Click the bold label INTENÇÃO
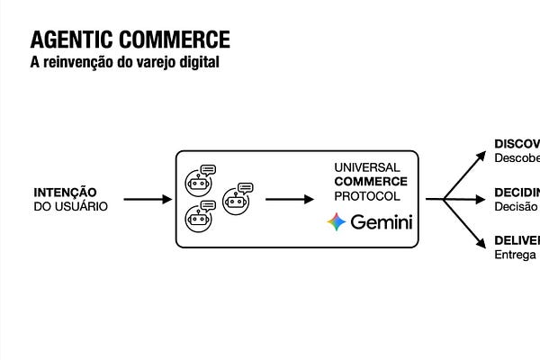(x=65, y=192)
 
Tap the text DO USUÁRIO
(x=71, y=206)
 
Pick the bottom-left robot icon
(x=199, y=216)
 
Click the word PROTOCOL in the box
(x=367, y=195)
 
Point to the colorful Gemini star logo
(x=337, y=222)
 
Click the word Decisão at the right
(x=516, y=206)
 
